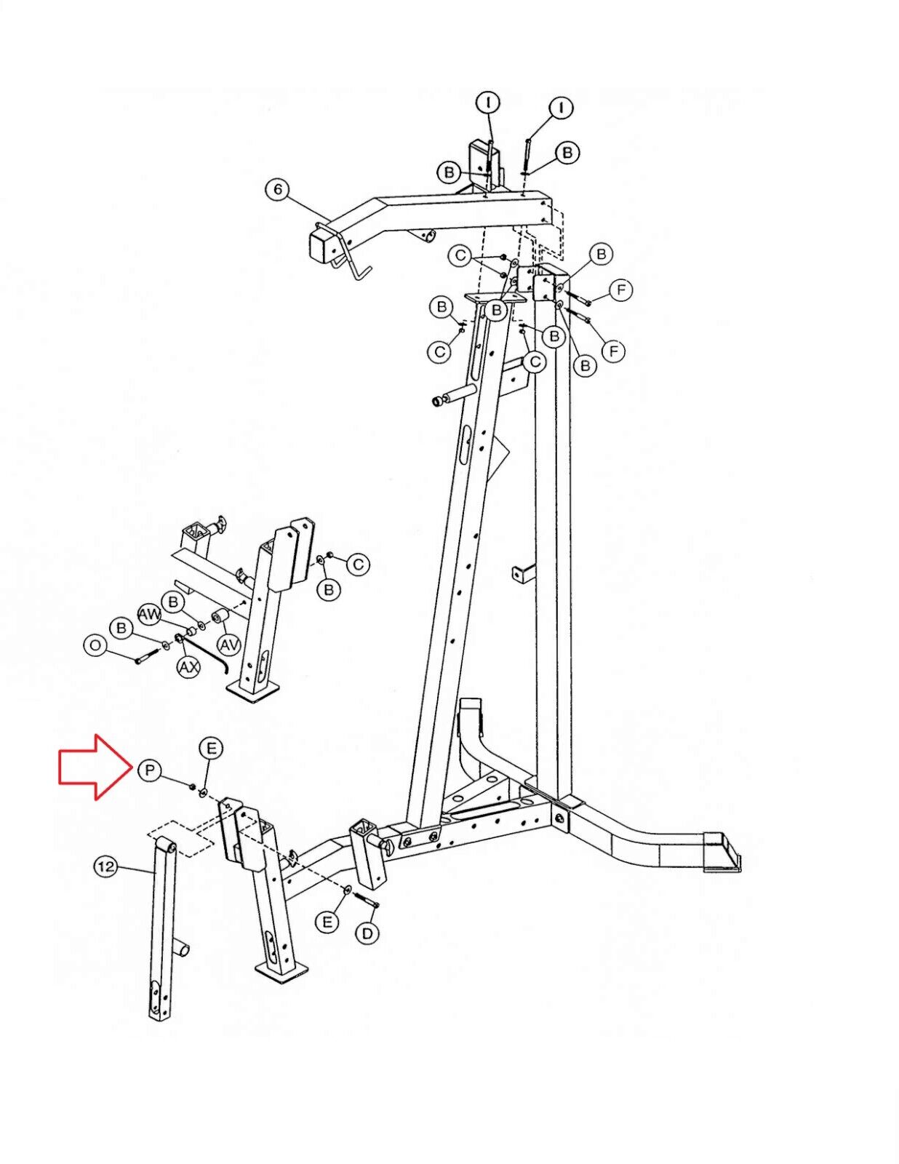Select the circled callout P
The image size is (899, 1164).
pos(151,770)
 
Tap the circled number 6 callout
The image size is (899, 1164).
pos(277,190)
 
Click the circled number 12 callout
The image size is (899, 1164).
pos(107,866)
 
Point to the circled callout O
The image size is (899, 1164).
pos(96,645)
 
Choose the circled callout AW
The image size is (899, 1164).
pos(151,615)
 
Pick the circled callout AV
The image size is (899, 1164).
pos(229,646)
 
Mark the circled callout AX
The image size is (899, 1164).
pos(189,667)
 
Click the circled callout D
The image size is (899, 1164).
pos(367,933)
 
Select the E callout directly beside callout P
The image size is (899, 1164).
pos(212,748)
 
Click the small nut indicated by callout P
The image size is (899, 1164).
pos(192,786)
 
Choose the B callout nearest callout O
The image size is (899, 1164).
pos(121,628)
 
